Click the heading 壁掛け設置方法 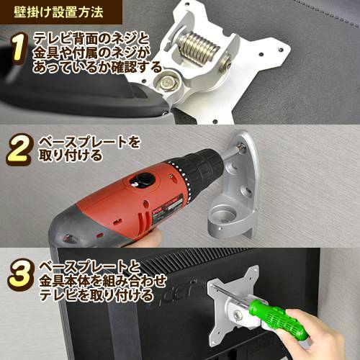click(x=58, y=12)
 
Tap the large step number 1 click(x=17, y=48)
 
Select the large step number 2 click(x=19, y=149)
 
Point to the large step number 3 click(x=21, y=275)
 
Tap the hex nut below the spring click(x=167, y=82)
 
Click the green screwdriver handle click(x=279, y=319)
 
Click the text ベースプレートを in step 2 click(x=89, y=143)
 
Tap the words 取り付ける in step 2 click(x=71, y=156)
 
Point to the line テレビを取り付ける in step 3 click(x=96, y=296)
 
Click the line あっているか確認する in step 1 click(x=97, y=67)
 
